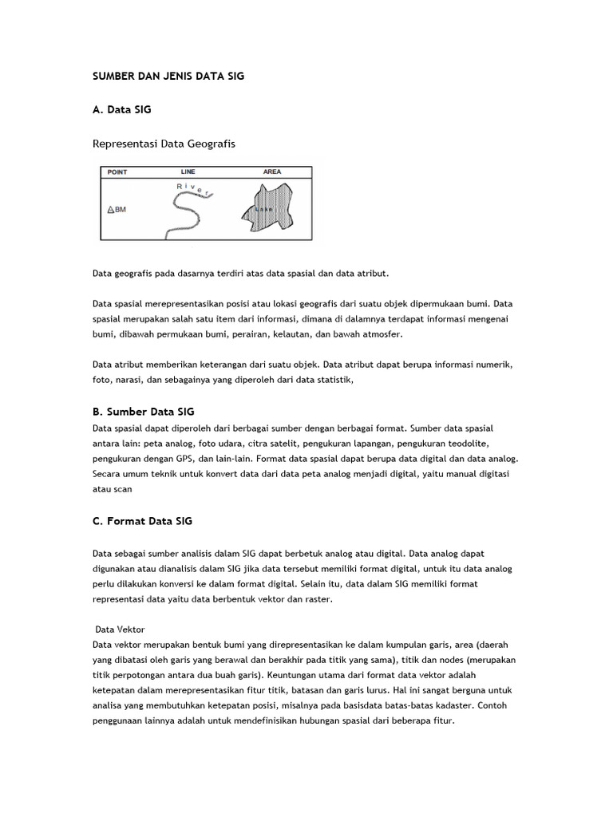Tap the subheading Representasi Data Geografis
pyautogui.click(x=164, y=144)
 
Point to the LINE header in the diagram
pyautogui.click(x=188, y=172)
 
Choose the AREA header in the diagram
pyautogui.click(x=271, y=172)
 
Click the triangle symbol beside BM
pyautogui.click(x=110, y=211)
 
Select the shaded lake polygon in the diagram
pyautogui.click(x=269, y=210)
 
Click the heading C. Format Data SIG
pyautogui.click(x=142, y=521)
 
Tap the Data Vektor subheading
pyautogui.click(x=120, y=630)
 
